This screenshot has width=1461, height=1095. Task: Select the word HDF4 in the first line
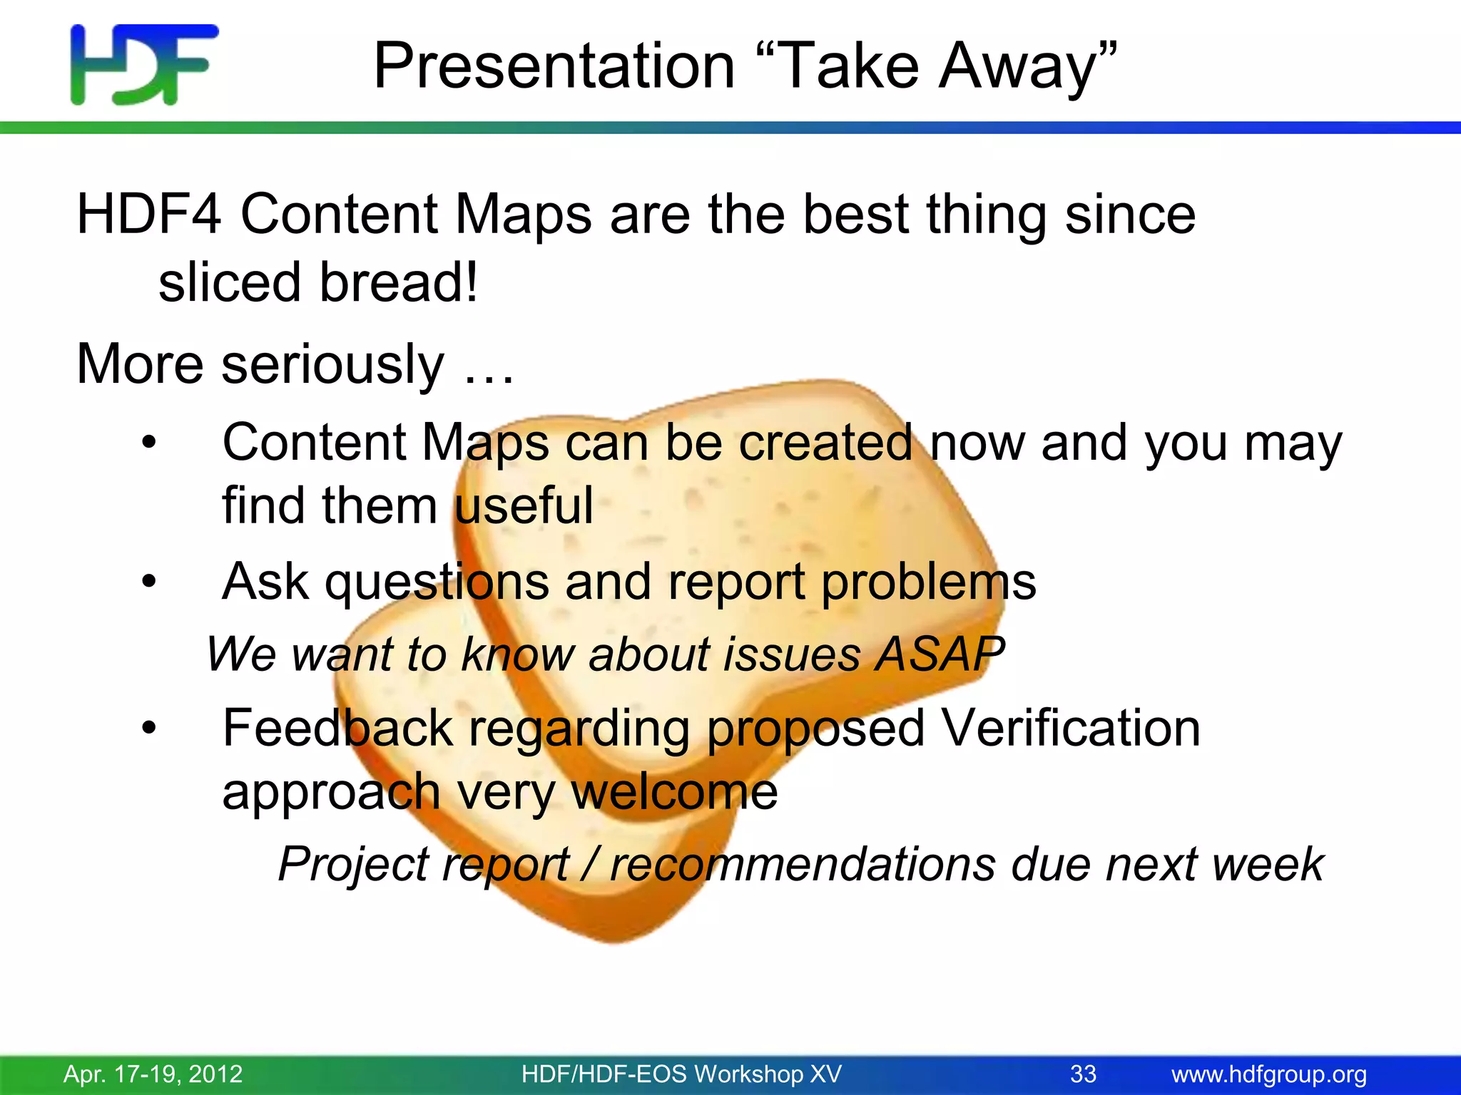[x=149, y=214]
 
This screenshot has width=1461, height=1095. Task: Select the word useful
[x=523, y=505]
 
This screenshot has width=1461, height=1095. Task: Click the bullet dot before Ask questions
[x=148, y=582]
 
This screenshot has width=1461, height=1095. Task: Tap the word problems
[x=928, y=582]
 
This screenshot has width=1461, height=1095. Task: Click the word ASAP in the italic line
[x=940, y=654]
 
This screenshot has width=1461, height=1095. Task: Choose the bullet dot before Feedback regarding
[x=148, y=729]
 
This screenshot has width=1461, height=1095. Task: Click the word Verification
[x=1070, y=729]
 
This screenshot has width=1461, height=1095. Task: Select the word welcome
[x=674, y=792]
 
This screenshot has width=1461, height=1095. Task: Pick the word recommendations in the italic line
[x=803, y=864]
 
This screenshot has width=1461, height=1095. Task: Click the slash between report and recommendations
[x=589, y=864]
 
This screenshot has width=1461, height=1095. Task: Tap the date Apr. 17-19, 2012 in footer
[x=153, y=1074]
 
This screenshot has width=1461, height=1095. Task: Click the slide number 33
[x=1083, y=1074]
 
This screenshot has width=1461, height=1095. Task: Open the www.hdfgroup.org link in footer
[x=1269, y=1074]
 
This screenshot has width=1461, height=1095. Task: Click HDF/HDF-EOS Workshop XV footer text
[x=681, y=1074]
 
